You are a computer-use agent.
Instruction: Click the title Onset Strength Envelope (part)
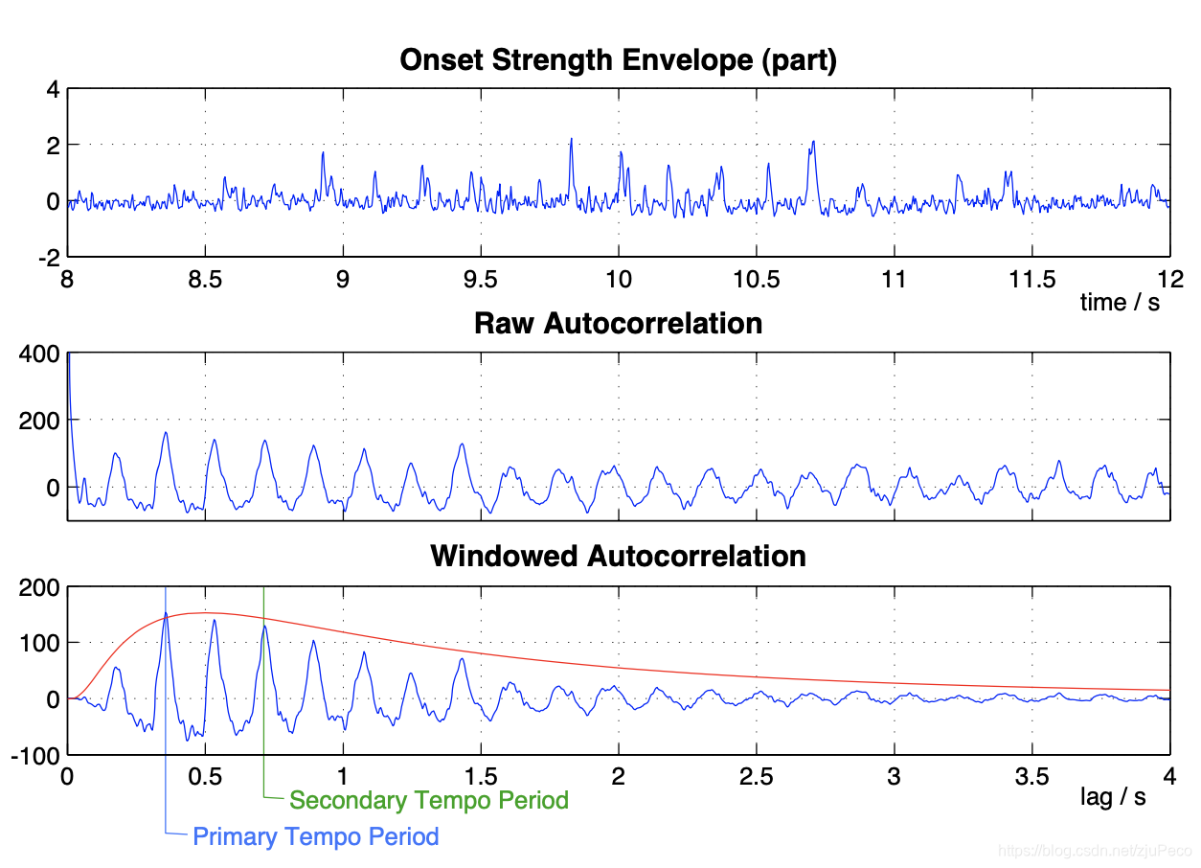click(618, 60)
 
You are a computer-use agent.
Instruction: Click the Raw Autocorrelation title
click(618, 323)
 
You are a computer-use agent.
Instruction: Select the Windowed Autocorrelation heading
click(618, 556)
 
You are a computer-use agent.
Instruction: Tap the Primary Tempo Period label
click(316, 836)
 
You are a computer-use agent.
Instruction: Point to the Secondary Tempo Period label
click(429, 800)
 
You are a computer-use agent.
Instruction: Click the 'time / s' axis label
click(1120, 303)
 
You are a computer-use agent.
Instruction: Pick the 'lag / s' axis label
click(1113, 797)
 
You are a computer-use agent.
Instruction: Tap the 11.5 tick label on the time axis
click(1031, 280)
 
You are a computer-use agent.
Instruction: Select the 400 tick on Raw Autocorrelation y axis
click(42, 354)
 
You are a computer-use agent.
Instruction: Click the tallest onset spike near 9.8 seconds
click(571, 140)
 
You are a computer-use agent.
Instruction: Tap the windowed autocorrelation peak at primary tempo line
click(166, 614)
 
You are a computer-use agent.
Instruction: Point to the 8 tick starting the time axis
click(67, 280)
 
